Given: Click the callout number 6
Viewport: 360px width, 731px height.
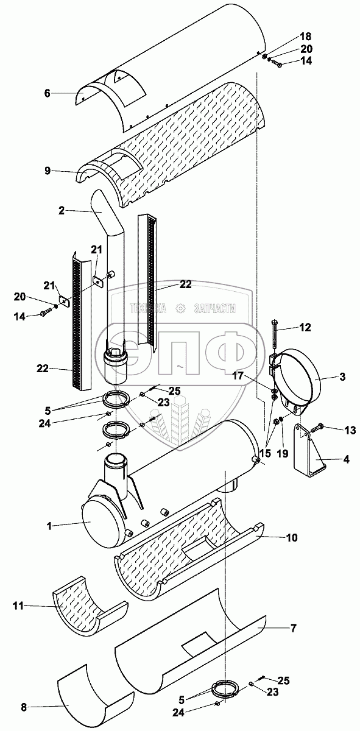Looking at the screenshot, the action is [x=48, y=94].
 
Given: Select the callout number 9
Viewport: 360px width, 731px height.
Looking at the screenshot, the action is [x=48, y=171].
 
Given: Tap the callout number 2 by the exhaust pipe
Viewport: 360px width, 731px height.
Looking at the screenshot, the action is [x=62, y=211].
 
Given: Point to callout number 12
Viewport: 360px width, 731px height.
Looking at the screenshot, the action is [x=305, y=327].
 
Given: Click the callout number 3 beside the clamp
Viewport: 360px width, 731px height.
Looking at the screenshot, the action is [x=342, y=376].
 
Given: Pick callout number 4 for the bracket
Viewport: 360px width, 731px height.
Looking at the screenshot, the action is [x=346, y=459].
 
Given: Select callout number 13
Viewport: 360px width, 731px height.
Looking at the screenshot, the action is [x=350, y=431].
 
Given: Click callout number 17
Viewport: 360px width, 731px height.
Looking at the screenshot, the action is [x=247, y=376].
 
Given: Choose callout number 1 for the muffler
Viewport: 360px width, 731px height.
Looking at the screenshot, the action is [x=49, y=526].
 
